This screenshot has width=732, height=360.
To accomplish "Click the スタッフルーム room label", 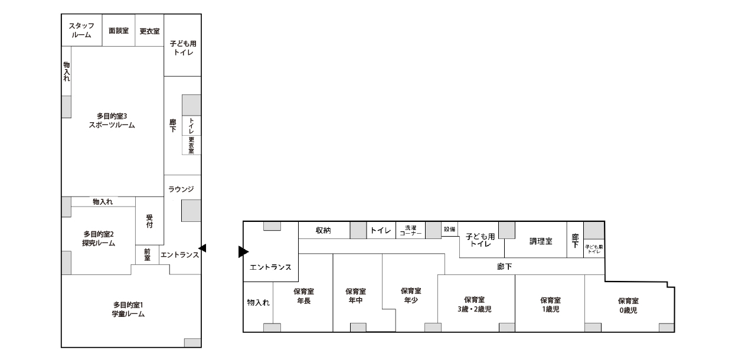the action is [81, 30].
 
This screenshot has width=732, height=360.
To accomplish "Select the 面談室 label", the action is [119, 31].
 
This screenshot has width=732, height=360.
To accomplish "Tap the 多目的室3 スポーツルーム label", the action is [112, 120].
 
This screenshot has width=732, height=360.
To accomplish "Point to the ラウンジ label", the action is [181, 189].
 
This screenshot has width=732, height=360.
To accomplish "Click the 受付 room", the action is [150, 221].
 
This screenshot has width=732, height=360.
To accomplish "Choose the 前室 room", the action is [148, 255].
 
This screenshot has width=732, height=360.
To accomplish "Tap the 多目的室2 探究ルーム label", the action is [99, 238].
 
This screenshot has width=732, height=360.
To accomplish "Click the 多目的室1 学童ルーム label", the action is [128, 309].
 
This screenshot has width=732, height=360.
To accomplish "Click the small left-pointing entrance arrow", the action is [202, 248].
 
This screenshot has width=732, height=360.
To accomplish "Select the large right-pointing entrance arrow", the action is [243, 252].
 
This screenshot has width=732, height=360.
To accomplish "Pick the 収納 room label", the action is [323, 230].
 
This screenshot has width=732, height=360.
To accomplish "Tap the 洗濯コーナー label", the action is [410, 231].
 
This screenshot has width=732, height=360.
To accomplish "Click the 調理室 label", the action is [541, 241].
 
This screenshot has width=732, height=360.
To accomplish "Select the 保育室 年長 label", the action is [303, 296].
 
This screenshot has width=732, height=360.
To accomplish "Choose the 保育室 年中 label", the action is [355, 296].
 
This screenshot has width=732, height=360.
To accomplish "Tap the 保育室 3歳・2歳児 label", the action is [474, 305].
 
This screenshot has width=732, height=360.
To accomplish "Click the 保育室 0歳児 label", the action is [628, 306].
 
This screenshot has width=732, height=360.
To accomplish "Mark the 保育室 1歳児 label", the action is [550, 305].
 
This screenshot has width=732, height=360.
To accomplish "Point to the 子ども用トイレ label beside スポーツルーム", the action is [183, 48].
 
